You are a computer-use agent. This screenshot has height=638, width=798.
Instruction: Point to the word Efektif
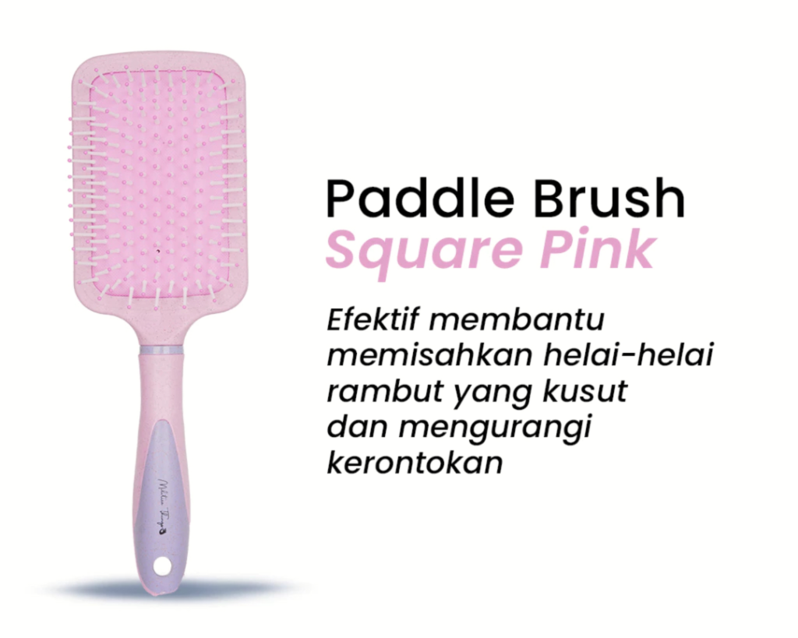pos(373,321)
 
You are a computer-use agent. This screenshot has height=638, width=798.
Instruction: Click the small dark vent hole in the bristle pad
pos(159,251)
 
